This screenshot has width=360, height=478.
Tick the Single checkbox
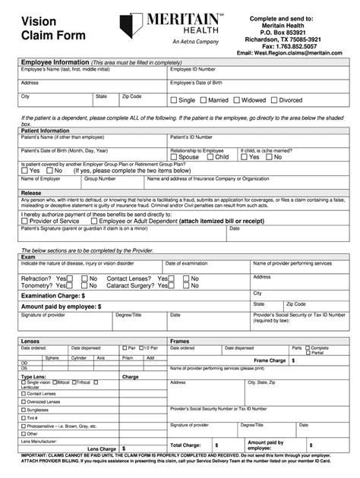point(173,100)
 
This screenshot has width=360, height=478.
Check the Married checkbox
point(203,100)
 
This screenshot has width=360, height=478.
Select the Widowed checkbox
point(238,100)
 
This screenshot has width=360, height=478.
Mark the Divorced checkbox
point(274,100)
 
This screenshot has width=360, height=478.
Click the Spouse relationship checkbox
point(173,157)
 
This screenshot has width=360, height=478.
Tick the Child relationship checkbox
point(210,157)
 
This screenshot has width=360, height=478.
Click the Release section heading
point(31,193)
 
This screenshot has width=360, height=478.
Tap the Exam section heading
point(27,256)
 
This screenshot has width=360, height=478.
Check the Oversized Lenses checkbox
point(23,401)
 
